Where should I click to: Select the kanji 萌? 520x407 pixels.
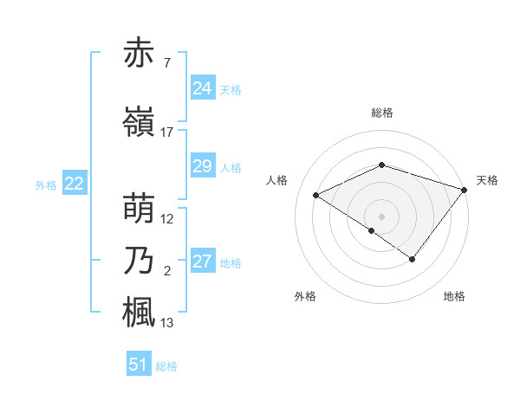tap(140, 209)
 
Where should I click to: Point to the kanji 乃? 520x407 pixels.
tap(140, 261)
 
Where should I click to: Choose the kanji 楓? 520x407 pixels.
tap(140, 313)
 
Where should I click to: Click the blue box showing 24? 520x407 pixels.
tap(202, 88)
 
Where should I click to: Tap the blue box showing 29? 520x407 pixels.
tap(202, 166)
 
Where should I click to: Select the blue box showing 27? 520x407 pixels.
tap(202, 262)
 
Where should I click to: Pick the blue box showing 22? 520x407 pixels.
tap(74, 184)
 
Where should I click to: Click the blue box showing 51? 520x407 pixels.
tap(139, 365)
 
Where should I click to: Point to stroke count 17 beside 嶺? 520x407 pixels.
tap(167, 132)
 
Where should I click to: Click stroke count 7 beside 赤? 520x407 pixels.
tap(166, 63)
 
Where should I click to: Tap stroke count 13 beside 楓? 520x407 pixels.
tap(167, 323)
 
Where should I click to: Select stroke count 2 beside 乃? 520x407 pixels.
tap(166, 271)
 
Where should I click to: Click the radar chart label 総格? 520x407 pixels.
tap(381, 113)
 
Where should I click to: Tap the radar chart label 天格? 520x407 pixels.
tap(487, 180)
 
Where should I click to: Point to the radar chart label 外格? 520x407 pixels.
tap(304, 296)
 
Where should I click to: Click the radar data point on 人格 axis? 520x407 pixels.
tap(316, 196)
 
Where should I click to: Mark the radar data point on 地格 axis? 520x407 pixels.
tap(413, 259)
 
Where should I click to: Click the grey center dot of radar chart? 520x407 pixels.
tap(381, 216)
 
